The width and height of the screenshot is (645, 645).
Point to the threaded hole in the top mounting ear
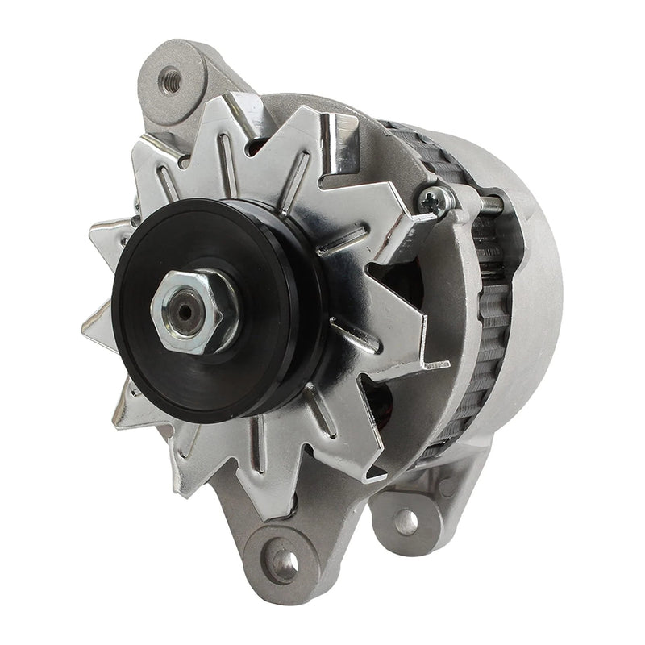pos(170,78)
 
